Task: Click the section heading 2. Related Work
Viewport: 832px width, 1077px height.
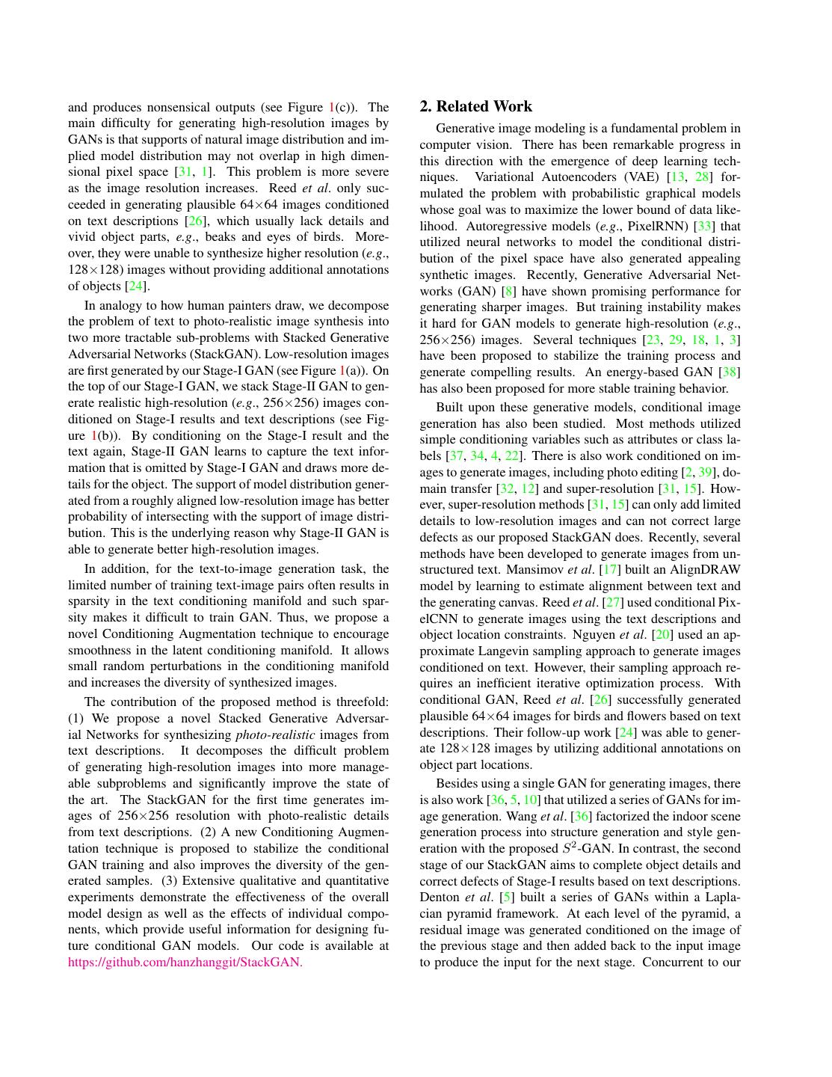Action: click(x=476, y=106)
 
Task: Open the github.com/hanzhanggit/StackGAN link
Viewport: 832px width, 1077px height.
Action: click(x=185, y=963)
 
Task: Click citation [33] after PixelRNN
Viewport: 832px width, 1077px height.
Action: click(x=704, y=226)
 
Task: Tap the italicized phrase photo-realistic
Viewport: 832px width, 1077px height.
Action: click(x=275, y=734)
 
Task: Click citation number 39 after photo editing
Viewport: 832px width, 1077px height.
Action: click(x=705, y=472)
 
